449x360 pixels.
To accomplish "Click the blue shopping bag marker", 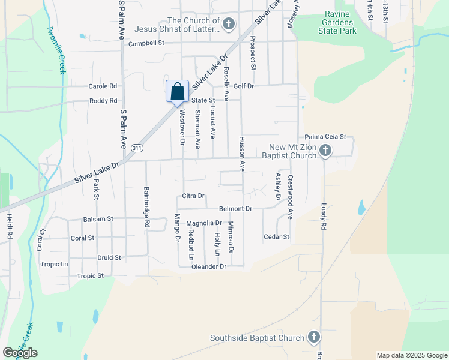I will pyautogui.click(x=177, y=92).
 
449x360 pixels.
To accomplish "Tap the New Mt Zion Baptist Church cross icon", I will pyautogui.click(x=325, y=150).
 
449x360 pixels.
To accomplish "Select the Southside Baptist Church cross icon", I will pyautogui.click(x=313, y=337).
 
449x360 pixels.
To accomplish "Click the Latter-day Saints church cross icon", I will pyautogui.click(x=228, y=24).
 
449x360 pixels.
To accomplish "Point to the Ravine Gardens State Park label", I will pyautogui.click(x=340, y=22).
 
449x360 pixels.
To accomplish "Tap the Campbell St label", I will pyautogui.click(x=146, y=43).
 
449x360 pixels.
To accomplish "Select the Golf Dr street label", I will pyautogui.click(x=244, y=86).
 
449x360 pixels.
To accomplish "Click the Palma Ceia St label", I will pyautogui.click(x=325, y=137).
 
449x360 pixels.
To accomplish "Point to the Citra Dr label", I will pyautogui.click(x=193, y=196).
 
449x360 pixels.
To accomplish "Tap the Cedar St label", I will pyautogui.click(x=277, y=237).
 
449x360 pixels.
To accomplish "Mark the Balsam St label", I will pyautogui.click(x=98, y=219).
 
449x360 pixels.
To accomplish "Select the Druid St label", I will pyautogui.click(x=109, y=257).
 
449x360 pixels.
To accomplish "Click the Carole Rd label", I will pyautogui.click(x=103, y=86).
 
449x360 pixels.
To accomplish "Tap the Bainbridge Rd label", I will pyautogui.click(x=146, y=206).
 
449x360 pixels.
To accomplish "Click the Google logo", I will pyautogui.click(x=20, y=353).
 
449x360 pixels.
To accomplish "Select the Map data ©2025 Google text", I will pyautogui.click(x=411, y=355).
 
